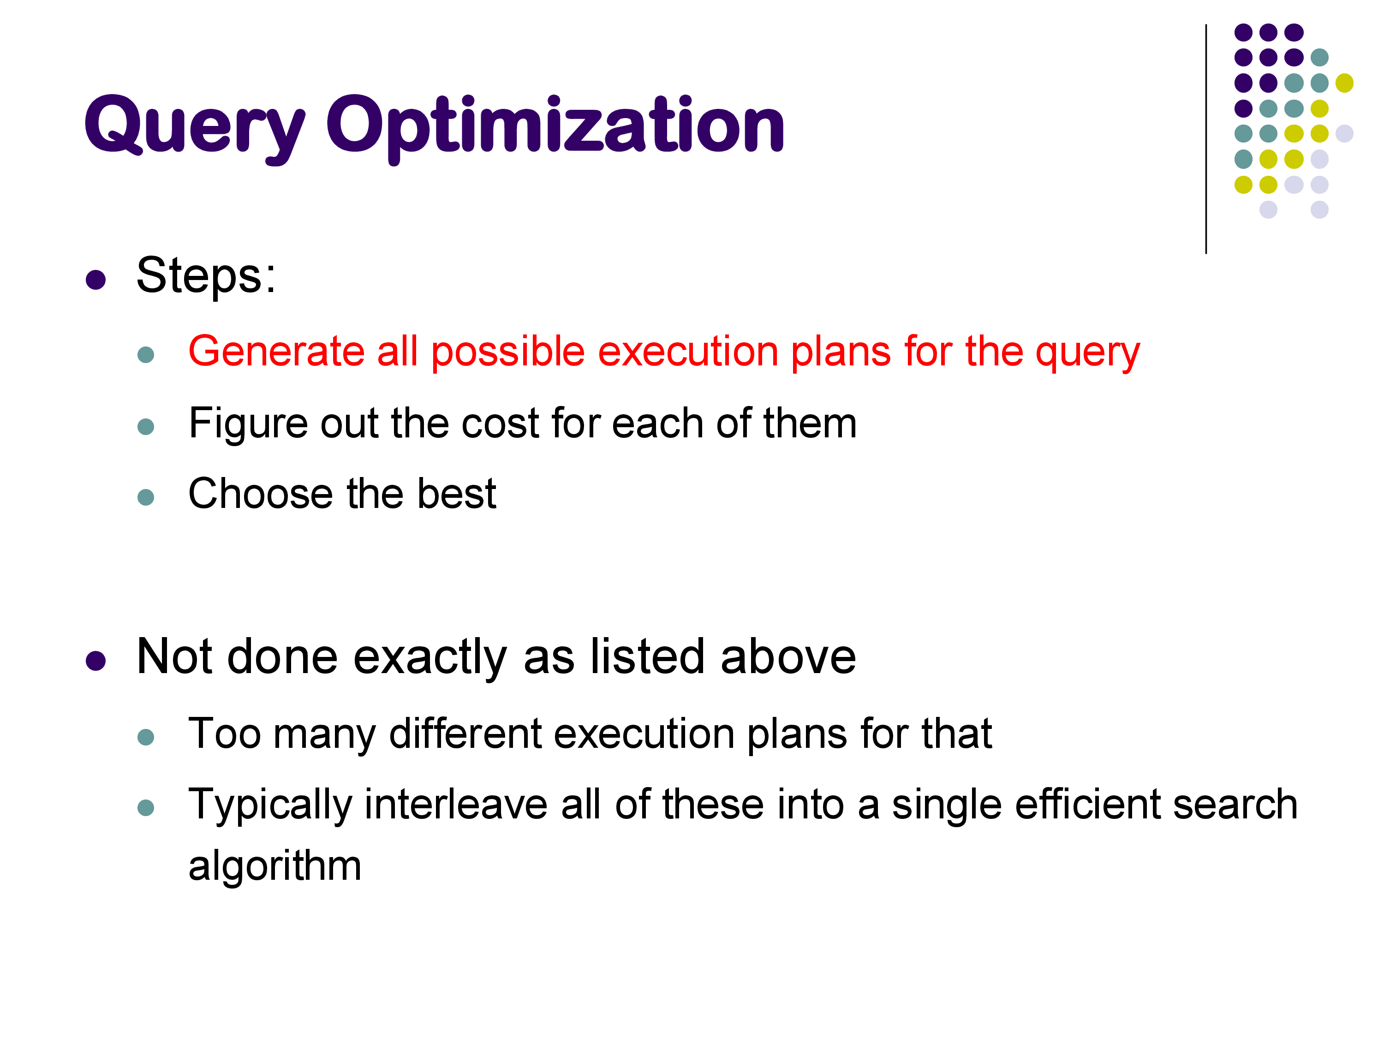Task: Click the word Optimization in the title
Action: click(x=555, y=128)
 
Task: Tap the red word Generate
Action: click(x=276, y=351)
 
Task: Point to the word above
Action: click(x=788, y=656)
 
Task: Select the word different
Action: click(x=465, y=734)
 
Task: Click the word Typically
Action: click(x=270, y=806)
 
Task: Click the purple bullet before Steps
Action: click(x=96, y=279)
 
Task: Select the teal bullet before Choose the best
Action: click(x=146, y=497)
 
